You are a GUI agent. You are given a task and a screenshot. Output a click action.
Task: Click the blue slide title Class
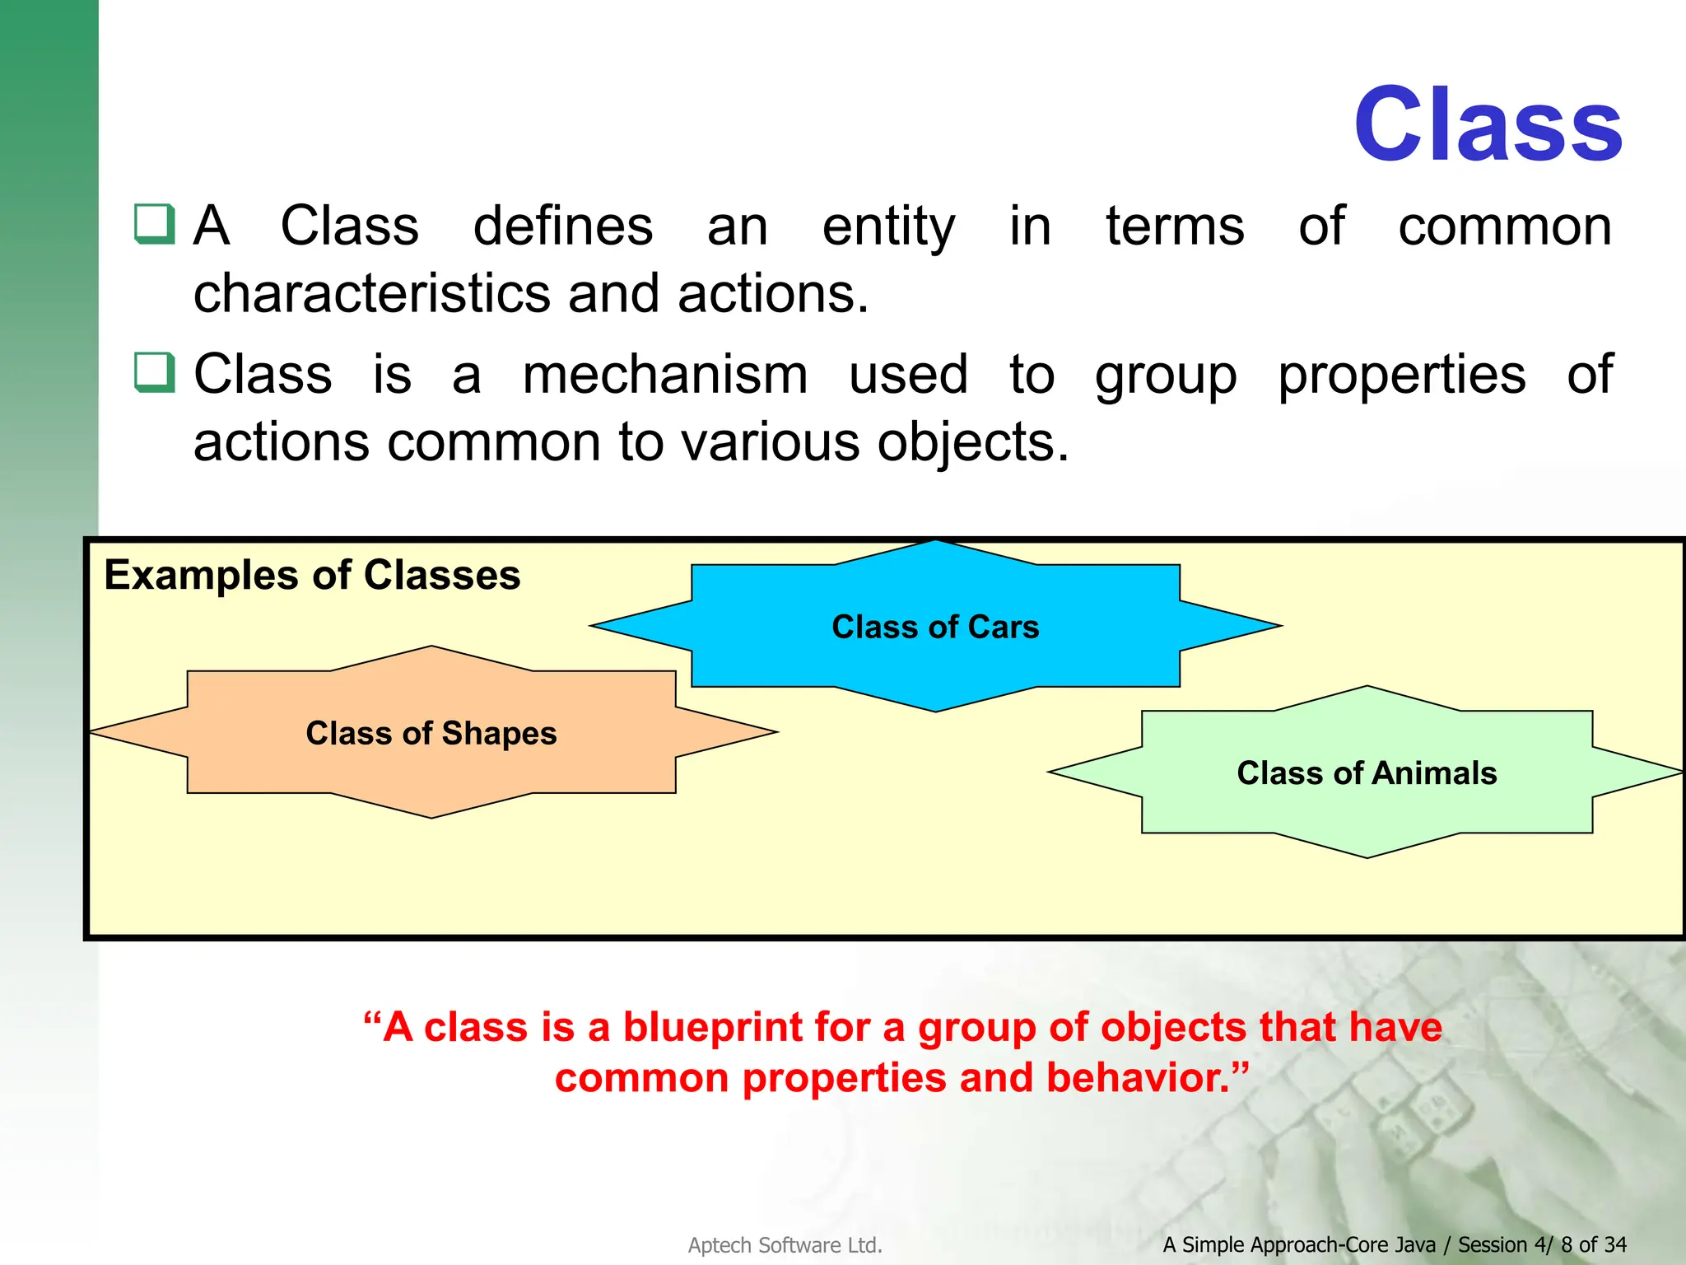(x=1488, y=125)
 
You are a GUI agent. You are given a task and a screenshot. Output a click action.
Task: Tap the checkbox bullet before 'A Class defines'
(x=155, y=223)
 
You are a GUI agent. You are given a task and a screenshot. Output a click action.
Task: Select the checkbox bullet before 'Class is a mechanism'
(x=155, y=372)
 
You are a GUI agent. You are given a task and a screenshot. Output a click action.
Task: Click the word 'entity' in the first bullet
(x=888, y=226)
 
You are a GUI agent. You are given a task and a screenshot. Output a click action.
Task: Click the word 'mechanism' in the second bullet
(x=665, y=375)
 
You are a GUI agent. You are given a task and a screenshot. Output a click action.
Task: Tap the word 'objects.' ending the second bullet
(x=973, y=443)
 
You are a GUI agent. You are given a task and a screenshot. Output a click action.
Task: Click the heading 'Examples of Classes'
(x=312, y=575)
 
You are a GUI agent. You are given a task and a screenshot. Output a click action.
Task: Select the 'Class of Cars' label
(x=935, y=627)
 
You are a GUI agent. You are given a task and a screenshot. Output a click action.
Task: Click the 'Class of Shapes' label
(x=431, y=733)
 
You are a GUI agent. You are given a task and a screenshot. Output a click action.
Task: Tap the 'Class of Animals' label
(x=1367, y=773)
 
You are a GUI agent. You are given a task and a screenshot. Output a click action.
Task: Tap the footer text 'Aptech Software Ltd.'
(x=785, y=1245)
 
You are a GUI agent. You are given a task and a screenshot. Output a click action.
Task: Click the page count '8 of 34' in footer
(x=1594, y=1244)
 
